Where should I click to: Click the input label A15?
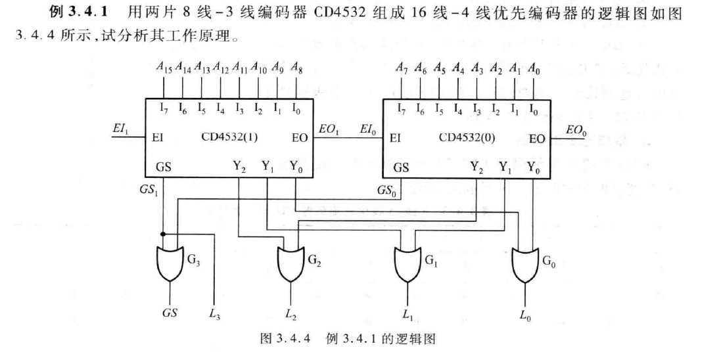tap(164, 67)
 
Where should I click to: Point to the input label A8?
tap(296, 67)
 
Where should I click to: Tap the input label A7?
tap(402, 67)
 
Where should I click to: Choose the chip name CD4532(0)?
tap(468, 139)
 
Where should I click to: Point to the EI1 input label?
tap(120, 132)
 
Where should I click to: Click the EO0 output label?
tap(576, 132)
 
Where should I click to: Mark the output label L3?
tap(214, 315)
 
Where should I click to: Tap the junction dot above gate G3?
tap(162, 234)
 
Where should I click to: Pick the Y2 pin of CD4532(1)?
tap(239, 168)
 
